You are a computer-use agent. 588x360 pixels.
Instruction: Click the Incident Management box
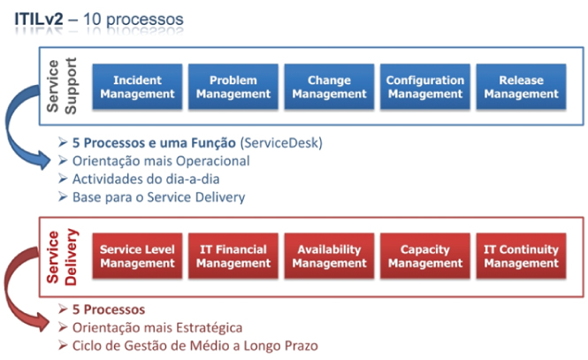coord(137,87)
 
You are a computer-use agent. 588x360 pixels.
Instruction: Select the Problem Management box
coord(233,87)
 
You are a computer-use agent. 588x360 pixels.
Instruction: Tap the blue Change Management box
coord(329,87)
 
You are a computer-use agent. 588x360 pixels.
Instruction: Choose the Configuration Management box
coord(425,87)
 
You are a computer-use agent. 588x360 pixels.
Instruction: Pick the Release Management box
coord(521,87)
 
